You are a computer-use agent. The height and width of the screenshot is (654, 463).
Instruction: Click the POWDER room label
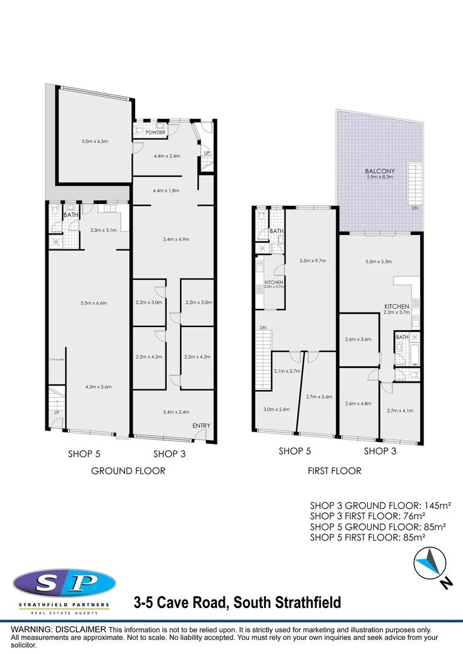pyautogui.click(x=155, y=133)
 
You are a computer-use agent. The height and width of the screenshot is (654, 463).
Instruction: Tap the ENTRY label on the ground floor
pyautogui.click(x=201, y=426)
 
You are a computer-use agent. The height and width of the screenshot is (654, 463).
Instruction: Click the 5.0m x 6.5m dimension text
pyautogui.click(x=95, y=142)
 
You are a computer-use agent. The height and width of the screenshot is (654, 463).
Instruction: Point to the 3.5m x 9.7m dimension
pyautogui.click(x=313, y=261)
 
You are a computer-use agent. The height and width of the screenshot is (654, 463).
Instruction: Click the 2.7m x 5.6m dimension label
pyautogui.click(x=319, y=397)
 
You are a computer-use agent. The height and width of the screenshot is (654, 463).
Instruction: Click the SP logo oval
pyautogui.click(x=64, y=584)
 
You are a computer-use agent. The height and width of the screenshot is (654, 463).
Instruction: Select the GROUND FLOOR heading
pyautogui.click(x=128, y=471)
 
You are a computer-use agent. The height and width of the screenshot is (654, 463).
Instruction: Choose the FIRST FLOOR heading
pyautogui.click(x=334, y=471)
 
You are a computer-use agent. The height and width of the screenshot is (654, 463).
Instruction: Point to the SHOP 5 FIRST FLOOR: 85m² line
pyautogui.click(x=367, y=537)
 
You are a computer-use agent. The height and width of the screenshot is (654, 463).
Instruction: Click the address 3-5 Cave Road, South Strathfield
pyautogui.click(x=237, y=603)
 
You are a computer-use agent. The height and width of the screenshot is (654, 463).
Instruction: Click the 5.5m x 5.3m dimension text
pyautogui.click(x=379, y=262)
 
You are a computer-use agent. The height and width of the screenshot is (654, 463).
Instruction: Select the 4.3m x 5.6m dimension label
pyautogui.click(x=98, y=386)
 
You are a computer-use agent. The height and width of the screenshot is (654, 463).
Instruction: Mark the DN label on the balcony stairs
pyautogui.click(x=415, y=208)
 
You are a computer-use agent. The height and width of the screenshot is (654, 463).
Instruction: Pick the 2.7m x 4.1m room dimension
pyautogui.click(x=400, y=410)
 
